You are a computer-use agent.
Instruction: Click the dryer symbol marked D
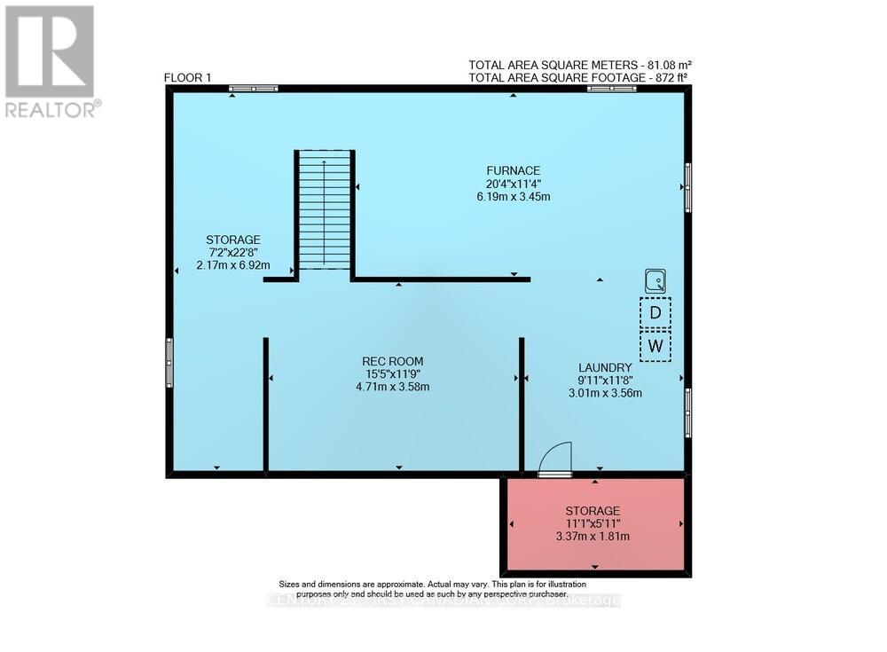[x=655, y=312]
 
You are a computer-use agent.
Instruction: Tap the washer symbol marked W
[x=655, y=346]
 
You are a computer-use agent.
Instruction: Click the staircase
[x=325, y=211]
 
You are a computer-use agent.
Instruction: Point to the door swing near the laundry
[x=556, y=460]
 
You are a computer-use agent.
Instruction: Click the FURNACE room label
[x=513, y=170]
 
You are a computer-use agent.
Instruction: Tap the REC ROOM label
[x=392, y=361]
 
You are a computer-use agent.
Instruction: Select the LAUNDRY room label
[x=605, y=367]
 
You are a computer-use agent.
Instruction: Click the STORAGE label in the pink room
[x=593, y=511]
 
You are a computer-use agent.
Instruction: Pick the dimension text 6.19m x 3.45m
[x=513, y=196]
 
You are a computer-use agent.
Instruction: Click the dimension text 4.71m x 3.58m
[x=392, y=387]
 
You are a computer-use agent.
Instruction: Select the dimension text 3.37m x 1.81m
[x=593, y=536]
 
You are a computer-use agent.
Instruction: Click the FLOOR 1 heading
[x=187, y=78]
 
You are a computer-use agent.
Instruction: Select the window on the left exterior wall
[x=169, y=363]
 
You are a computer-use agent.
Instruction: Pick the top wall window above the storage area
[x=253, y=89]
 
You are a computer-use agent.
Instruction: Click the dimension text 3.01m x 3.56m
[x=605, y=393]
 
